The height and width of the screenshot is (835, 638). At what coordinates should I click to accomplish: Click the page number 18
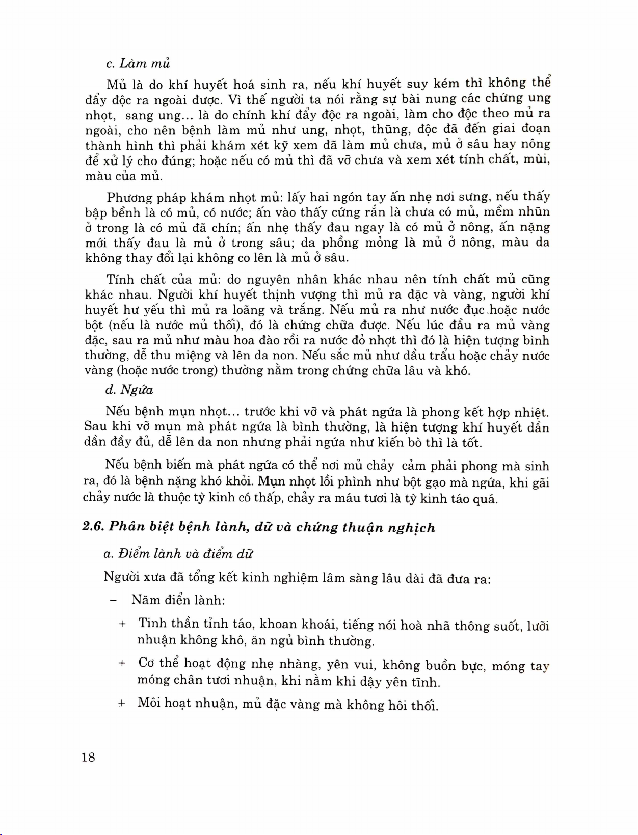(88, 757)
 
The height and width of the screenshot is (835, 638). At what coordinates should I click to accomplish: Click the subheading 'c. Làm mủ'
(138, 64)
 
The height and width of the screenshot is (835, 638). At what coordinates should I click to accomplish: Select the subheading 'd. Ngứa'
(129, 390)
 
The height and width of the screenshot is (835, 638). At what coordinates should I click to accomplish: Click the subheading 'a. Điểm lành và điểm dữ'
(178, 553)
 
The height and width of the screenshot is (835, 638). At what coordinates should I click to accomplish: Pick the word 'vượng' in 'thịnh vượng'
(318, 295)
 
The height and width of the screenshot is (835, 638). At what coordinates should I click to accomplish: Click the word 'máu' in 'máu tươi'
(348, 498)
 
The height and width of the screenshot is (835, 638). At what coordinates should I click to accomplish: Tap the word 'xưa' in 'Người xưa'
(154, 577)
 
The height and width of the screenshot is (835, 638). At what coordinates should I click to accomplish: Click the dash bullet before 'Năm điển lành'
(113, 600)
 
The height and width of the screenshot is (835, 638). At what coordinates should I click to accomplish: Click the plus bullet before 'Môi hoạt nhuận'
(122, 704)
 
